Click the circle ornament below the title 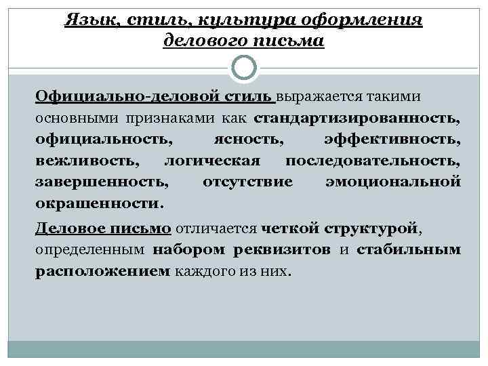tap(244, 68)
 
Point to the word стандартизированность tap(357, 119)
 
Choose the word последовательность tap(373, 161)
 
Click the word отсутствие tap(248, 182)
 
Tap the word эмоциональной tap(392, 182)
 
